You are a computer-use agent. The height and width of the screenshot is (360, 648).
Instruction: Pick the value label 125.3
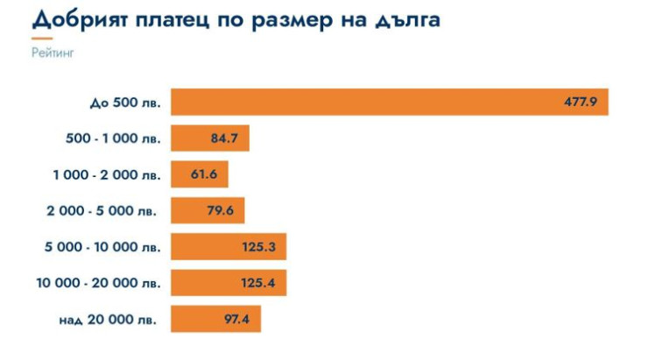tap(259, 248)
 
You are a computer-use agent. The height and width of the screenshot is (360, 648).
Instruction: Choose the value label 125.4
tap(259, 284)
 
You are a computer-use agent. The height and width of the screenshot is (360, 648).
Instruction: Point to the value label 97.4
tap(236, 320)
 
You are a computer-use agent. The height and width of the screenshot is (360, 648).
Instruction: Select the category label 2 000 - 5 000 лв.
tap(103, 212)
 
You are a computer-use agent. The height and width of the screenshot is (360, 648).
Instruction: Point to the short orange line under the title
tap(41, 39)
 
